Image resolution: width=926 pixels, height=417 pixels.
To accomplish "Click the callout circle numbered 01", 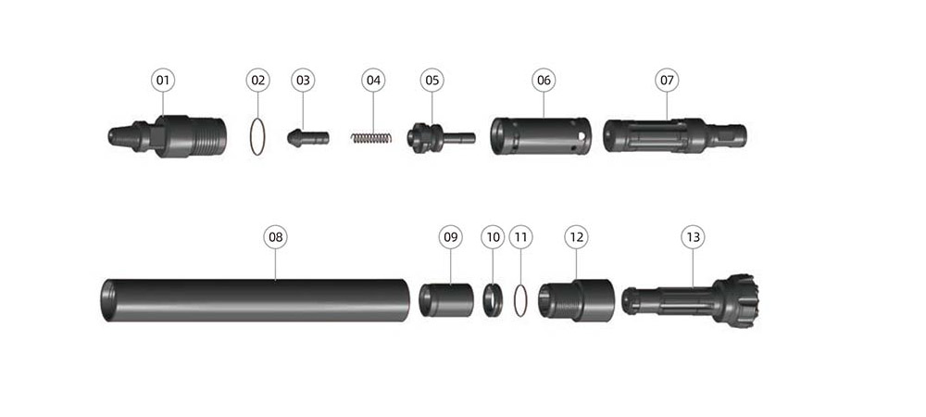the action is (163, 80).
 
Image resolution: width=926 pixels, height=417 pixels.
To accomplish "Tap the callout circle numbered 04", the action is (373, 80).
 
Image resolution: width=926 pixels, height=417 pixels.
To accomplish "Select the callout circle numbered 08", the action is (276, 237).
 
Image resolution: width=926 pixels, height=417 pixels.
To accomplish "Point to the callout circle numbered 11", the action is (520, 237).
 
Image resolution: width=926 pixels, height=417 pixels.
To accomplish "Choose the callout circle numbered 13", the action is (693, 237).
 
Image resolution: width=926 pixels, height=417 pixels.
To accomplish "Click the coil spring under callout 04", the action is (371, 138).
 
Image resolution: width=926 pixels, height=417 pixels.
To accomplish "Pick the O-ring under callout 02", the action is (257, 137).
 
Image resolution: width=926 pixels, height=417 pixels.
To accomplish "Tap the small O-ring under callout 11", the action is (520, 300).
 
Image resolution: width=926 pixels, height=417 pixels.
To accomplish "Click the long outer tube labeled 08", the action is (256, 300).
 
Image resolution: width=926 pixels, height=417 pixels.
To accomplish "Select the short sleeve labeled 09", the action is (446, 300).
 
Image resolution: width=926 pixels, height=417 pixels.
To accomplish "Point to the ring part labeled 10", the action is (494, 300).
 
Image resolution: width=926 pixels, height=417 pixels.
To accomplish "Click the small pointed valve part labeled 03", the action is (308, 138).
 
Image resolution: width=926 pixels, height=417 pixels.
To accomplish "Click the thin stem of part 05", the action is (459, 138).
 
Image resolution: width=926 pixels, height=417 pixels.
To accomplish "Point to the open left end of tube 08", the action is (107, 300).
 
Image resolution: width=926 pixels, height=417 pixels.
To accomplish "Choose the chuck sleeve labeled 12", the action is (576, 300).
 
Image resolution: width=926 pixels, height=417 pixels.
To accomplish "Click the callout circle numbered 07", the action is (667, 80).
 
